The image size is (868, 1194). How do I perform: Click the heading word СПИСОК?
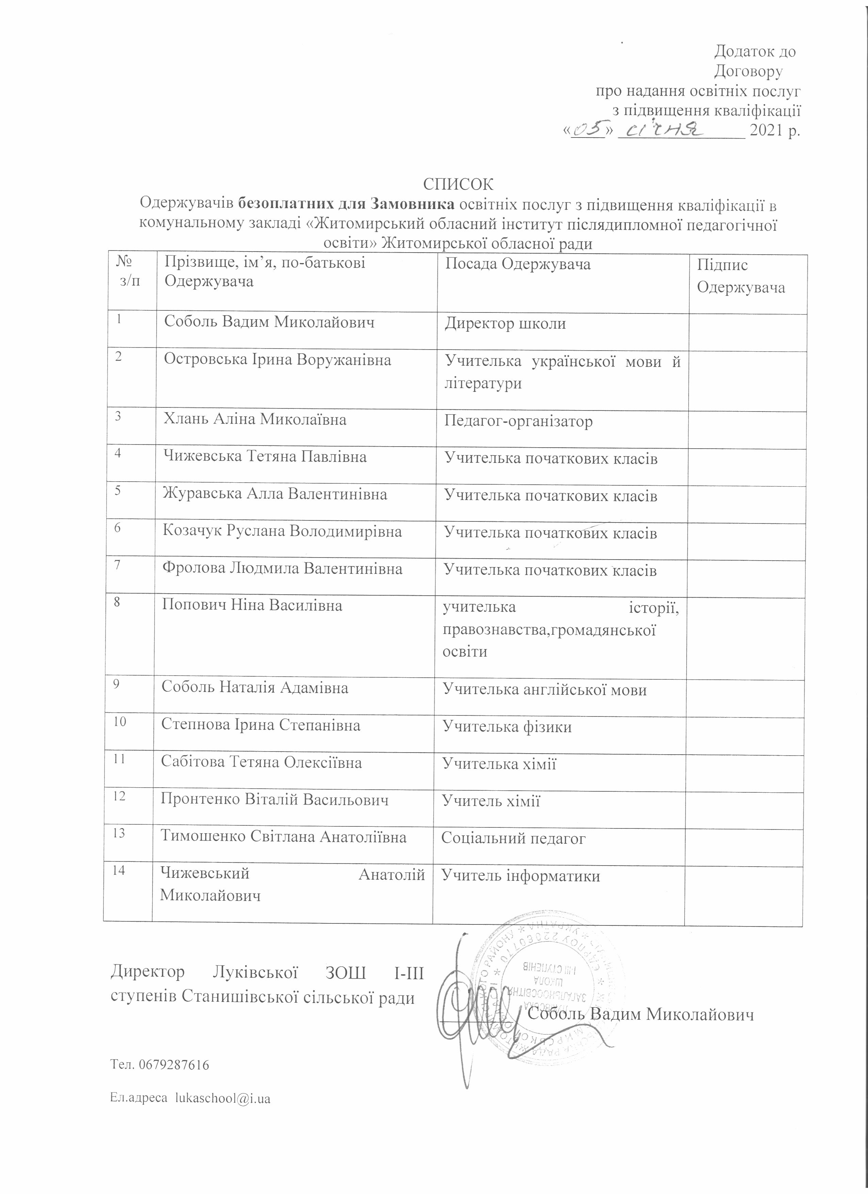pos(459,185)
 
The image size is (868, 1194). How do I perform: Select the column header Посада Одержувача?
pos(518,264)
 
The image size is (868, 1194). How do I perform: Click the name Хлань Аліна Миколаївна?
pos(255,420)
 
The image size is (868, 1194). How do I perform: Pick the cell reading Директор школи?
pos(505,323)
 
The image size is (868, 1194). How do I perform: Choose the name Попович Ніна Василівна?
pos(252,606)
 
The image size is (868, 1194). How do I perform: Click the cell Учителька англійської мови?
pos(545,690)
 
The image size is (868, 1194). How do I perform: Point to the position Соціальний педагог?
pos(513,838)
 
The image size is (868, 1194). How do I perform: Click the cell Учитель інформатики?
pos(520,876)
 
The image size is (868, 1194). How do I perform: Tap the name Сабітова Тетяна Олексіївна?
pos(262,763)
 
